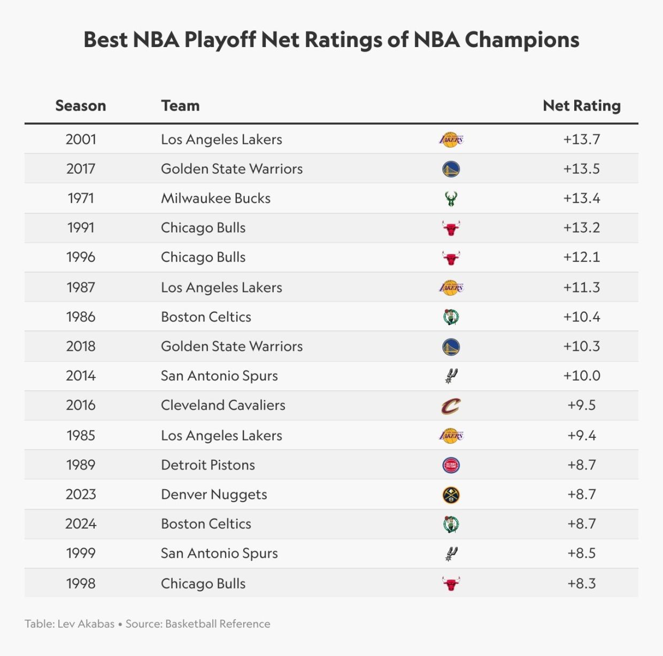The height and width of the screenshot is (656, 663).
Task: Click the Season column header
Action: (x=81, y=106)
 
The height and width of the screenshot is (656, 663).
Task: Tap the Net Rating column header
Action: (x=582, y=106)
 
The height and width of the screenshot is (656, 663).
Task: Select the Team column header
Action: (x=180, y=106)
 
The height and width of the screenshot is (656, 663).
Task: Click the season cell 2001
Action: (x=81, y=140)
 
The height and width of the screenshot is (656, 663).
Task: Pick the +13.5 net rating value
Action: (x=582, y=169)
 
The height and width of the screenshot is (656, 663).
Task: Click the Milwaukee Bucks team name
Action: (x=215, y=198)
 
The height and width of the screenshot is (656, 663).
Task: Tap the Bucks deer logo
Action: (x=451, y=199)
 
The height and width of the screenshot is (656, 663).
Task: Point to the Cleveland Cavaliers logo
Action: (x=451, y=406)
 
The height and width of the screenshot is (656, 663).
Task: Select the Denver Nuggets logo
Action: (x=451, y=495)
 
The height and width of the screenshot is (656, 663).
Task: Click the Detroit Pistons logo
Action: (x=451, y=465)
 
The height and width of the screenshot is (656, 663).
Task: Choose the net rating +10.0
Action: (x=582, y=376)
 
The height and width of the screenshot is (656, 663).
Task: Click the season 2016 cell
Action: (x=81, y=405)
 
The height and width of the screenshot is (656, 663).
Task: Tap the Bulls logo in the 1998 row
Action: (x=451, y=584)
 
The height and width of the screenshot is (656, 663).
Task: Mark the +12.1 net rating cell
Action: (x=582, y=257)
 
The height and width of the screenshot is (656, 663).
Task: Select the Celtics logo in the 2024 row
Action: (x=451, y=524)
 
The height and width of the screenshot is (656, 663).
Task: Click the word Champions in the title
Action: (x=522, y=40)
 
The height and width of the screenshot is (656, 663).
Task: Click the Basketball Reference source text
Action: (x=218, y=624)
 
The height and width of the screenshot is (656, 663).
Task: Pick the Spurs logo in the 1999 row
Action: (x=451, y=554)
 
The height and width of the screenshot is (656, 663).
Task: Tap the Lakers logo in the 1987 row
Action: (x=451, y=288)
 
